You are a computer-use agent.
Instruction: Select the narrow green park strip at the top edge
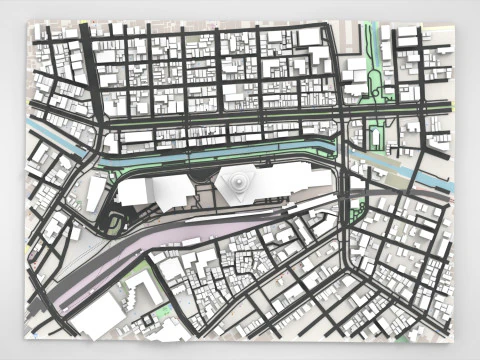tap(372, 50)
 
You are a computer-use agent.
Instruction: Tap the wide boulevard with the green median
tap(220, 120)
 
